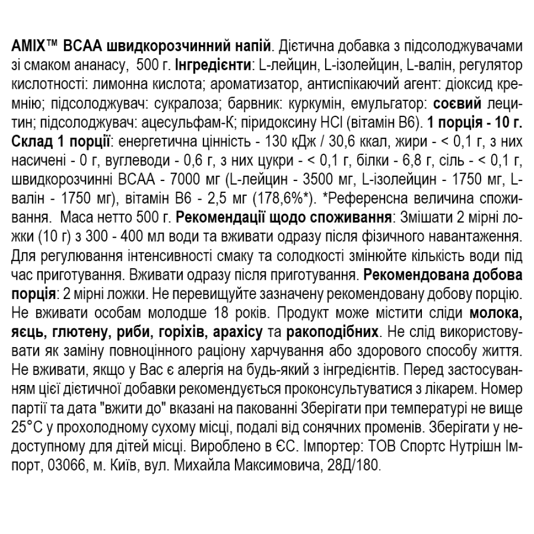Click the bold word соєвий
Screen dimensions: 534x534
tap(455, 103)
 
